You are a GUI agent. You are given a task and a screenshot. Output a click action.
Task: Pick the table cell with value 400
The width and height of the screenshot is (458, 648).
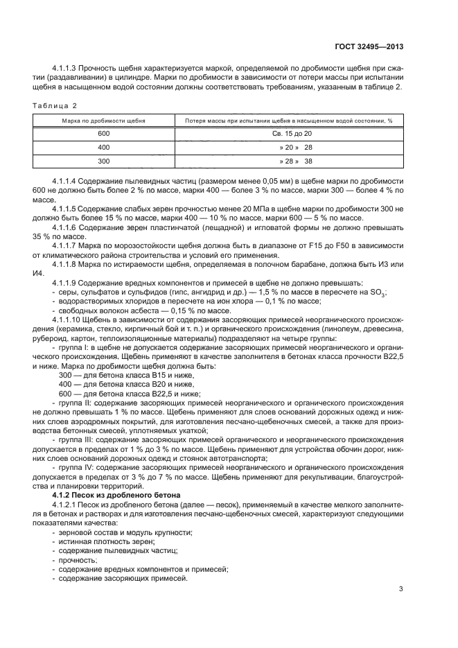click(x=104, y=148)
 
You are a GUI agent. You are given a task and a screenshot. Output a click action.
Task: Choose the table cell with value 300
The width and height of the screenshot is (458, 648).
click(x=104, y=161)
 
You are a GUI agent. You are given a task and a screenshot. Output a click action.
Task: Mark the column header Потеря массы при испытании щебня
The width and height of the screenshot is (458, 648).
click(x=289, y=121)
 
